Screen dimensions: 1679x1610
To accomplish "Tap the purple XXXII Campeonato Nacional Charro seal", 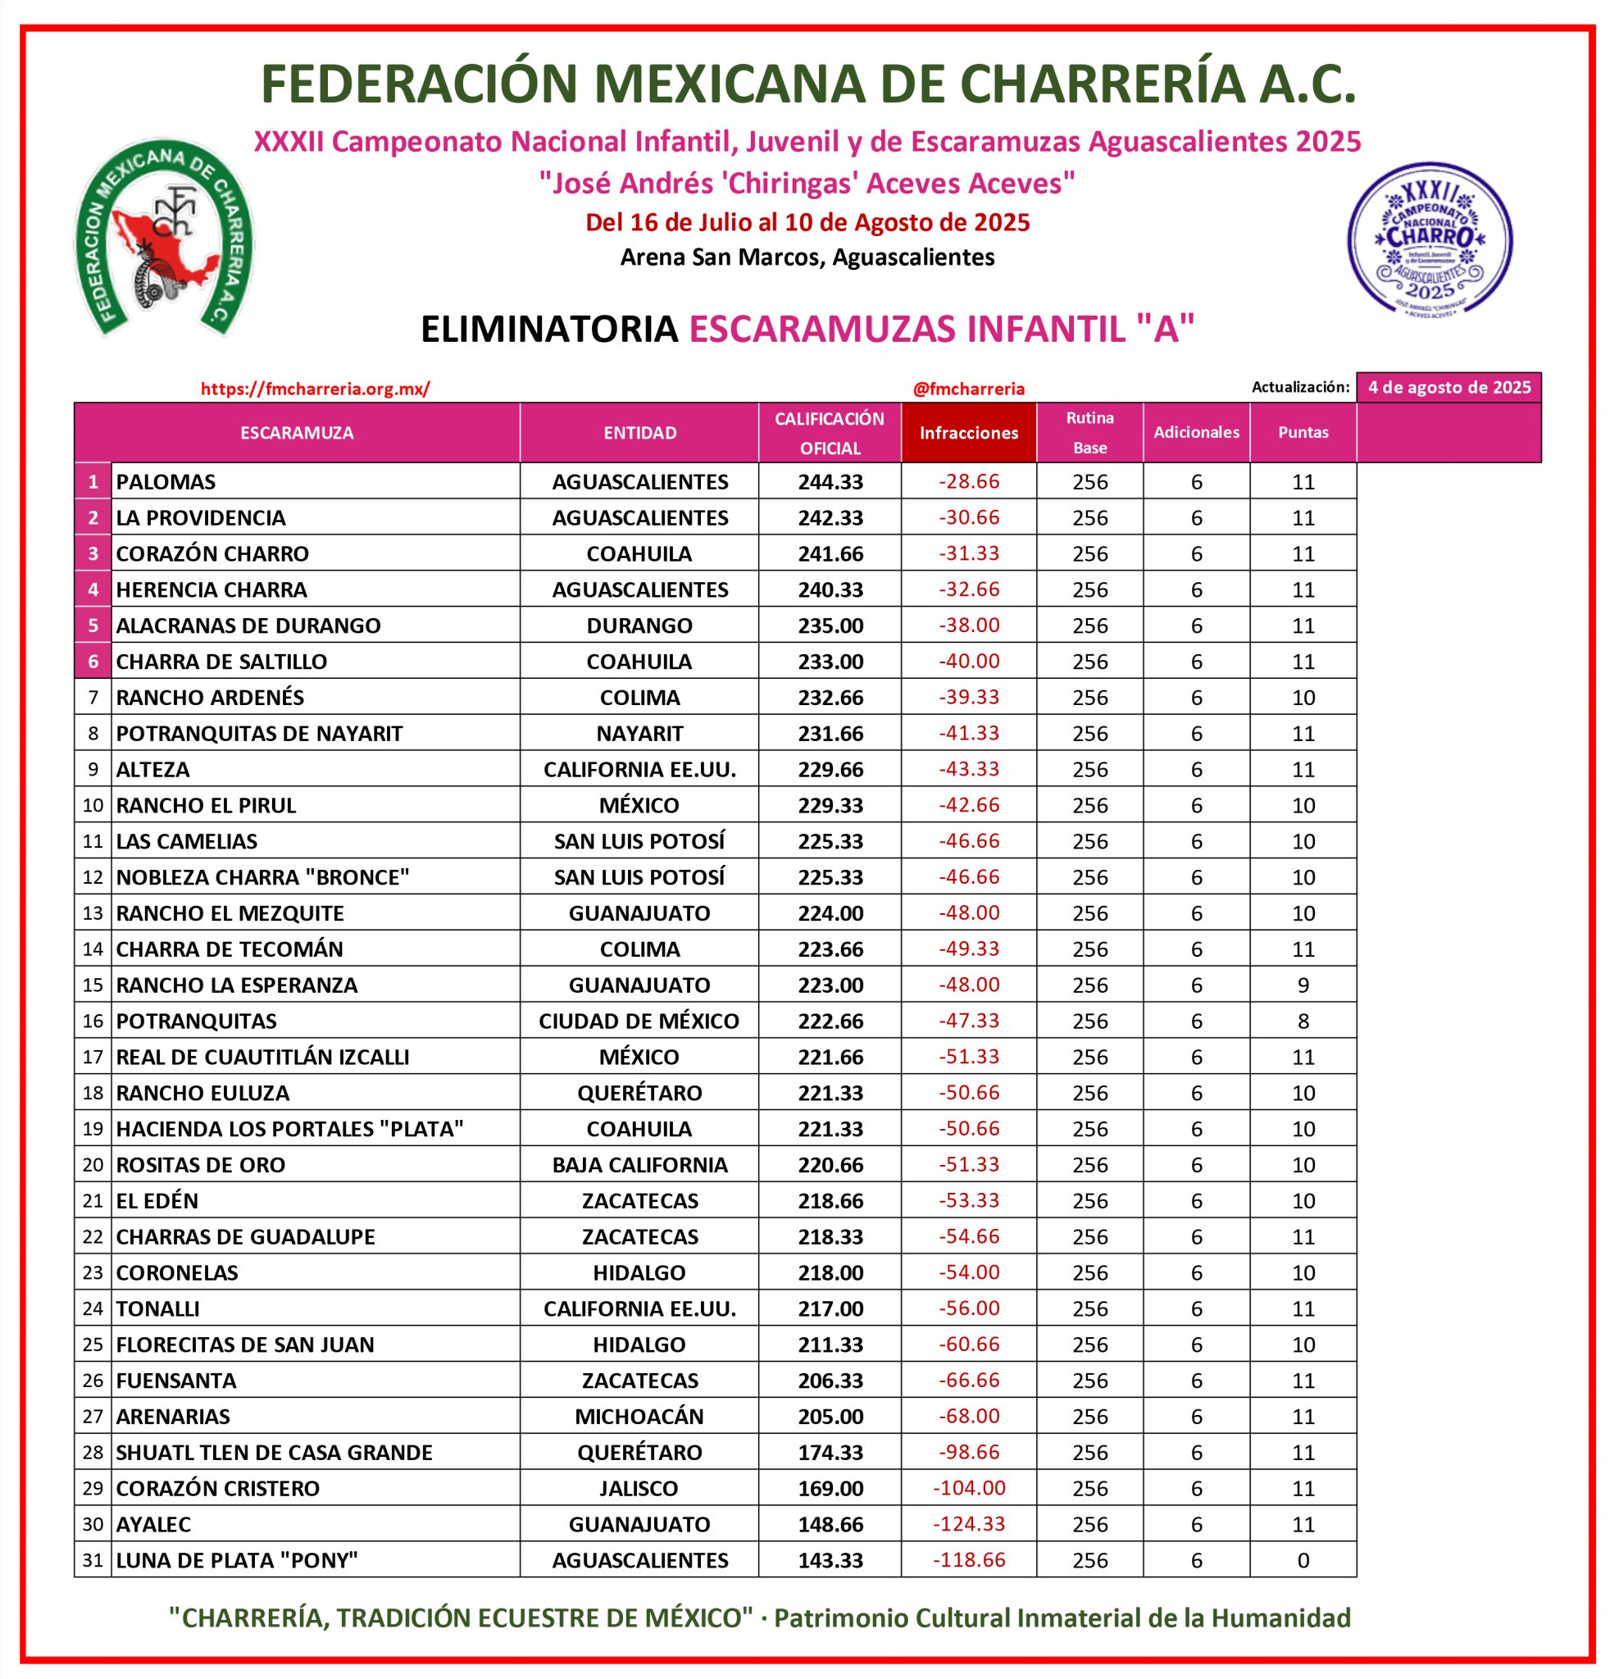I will coord(1430,239).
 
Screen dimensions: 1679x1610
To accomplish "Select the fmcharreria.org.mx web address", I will coord(315,389).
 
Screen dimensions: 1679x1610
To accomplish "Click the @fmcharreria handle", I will coord(969,389).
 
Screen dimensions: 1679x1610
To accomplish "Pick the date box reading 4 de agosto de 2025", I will coord(1449,387).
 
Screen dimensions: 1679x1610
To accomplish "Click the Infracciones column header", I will coord(969,433).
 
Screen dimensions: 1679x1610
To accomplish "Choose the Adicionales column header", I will coord(1195,433).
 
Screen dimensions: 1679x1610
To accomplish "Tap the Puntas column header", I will coord(1303,433).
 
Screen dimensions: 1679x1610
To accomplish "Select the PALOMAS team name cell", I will coord(166,481).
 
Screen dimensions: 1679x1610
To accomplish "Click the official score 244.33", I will coord(830,481).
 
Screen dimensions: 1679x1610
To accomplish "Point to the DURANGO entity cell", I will coord(639,626).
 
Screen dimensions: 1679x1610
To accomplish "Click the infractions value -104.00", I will coord(969,1488).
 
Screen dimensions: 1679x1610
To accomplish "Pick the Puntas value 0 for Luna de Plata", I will coord(1303,1560).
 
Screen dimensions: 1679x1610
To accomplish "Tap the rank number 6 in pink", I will coord(93,662).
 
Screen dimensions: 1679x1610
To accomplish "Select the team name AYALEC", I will coord(153,1524).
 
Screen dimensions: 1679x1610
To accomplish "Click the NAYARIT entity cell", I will coord(639,733).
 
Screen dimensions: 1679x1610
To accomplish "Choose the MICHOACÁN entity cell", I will coord(639,1416).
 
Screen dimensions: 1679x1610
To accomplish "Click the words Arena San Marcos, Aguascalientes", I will coord(807,257).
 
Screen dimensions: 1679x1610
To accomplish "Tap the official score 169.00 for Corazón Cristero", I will coord(830,1488).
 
